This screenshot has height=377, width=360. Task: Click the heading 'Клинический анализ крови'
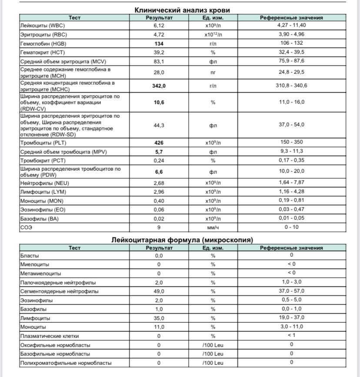pos(182,10)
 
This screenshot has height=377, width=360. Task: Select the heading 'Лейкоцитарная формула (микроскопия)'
pos(182,240)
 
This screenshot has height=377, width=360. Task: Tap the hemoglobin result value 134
pos(159,43)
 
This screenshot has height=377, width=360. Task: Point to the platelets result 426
pos(159,142)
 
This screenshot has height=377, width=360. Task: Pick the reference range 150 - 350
pos(291,142)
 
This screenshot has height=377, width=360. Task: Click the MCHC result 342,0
pos(159,86)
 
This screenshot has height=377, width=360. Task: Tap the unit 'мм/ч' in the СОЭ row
pos(213,228)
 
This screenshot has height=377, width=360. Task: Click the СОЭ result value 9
pos(159,228)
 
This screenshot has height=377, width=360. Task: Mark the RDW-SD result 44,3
pos(159,125)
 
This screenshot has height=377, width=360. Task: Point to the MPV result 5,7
pos(159,152)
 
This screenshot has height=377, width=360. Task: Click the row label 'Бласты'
pos(30,256)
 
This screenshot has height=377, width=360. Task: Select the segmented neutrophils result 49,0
pos(159,291)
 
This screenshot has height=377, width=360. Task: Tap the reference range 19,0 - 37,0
pos(291,317)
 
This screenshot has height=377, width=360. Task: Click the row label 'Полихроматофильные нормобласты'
pos(66,363)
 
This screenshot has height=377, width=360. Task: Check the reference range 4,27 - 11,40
pos(291,25)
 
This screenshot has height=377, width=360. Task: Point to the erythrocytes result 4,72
pos(159,34)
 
